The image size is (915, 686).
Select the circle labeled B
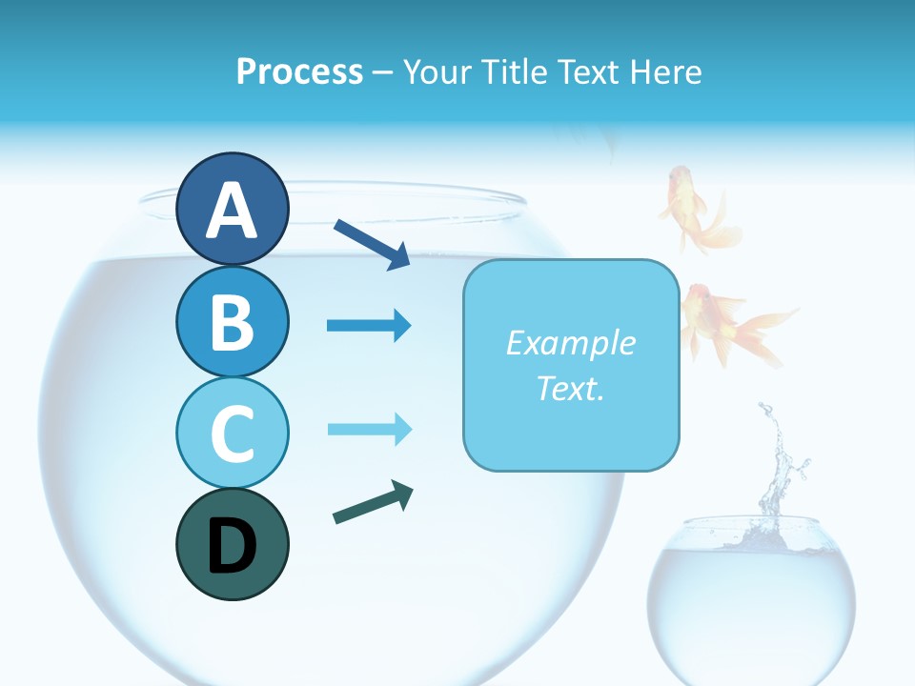pyautogui.click(x=232, y=321)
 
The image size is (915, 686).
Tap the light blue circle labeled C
pyautogui.click(x=232, y=433)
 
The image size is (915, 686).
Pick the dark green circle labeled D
pyautogui.click(x=232, y=544)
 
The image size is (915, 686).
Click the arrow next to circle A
pyautogui.click(x=372, y=244)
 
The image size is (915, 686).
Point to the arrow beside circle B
pyautogui.click(x=369, y=326)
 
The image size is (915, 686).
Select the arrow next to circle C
pyautogui.click(x=369, y=429)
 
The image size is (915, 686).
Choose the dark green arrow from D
pyautogui.click(x=373, y=503)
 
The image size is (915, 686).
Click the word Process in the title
pyautogui.click(x=299, y=72)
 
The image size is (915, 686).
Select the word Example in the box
pyautogui.click(x=570, y=343)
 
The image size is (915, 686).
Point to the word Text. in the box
pyautogui.click(x=570, y=388)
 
